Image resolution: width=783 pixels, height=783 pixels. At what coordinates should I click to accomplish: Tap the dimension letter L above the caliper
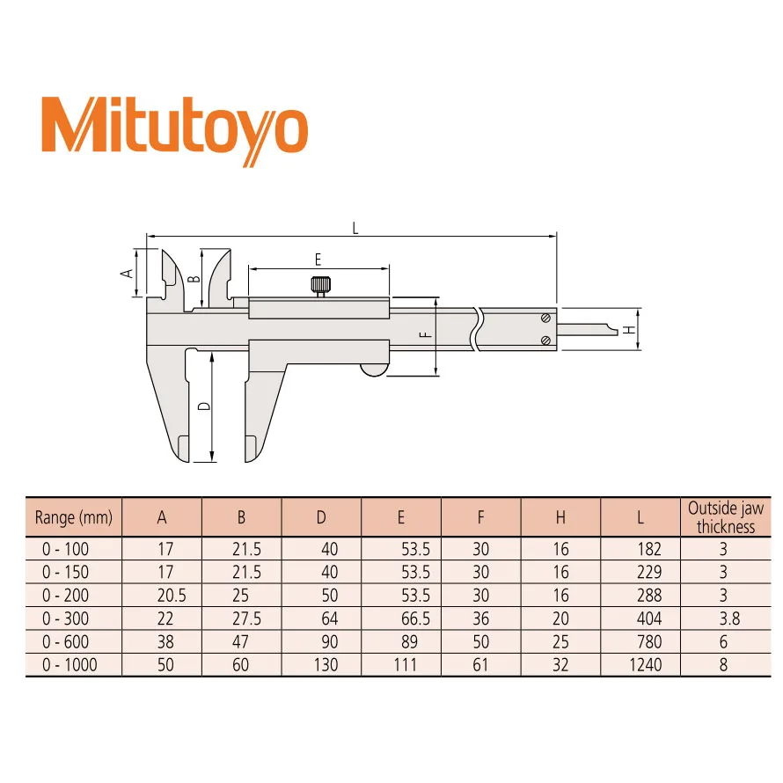[x=355, y=227]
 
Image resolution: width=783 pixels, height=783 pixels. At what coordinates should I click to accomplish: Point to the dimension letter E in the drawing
[x=318, y=259]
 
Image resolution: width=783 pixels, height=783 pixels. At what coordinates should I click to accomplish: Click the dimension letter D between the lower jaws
[x=201, y=406]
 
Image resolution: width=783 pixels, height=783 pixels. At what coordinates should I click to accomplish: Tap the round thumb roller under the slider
[x=372, y=370]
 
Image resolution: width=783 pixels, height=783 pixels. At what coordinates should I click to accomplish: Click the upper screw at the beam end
[x=546, y=318]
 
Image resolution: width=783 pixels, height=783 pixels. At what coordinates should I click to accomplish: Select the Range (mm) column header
[x=74, y=518]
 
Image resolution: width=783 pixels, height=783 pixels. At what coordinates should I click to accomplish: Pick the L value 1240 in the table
[x=644, y=665]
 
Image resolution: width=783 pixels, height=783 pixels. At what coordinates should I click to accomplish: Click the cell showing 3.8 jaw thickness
[x=724, y=618]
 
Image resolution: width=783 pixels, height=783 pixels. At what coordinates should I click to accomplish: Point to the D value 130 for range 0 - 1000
[x=325, y=665]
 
